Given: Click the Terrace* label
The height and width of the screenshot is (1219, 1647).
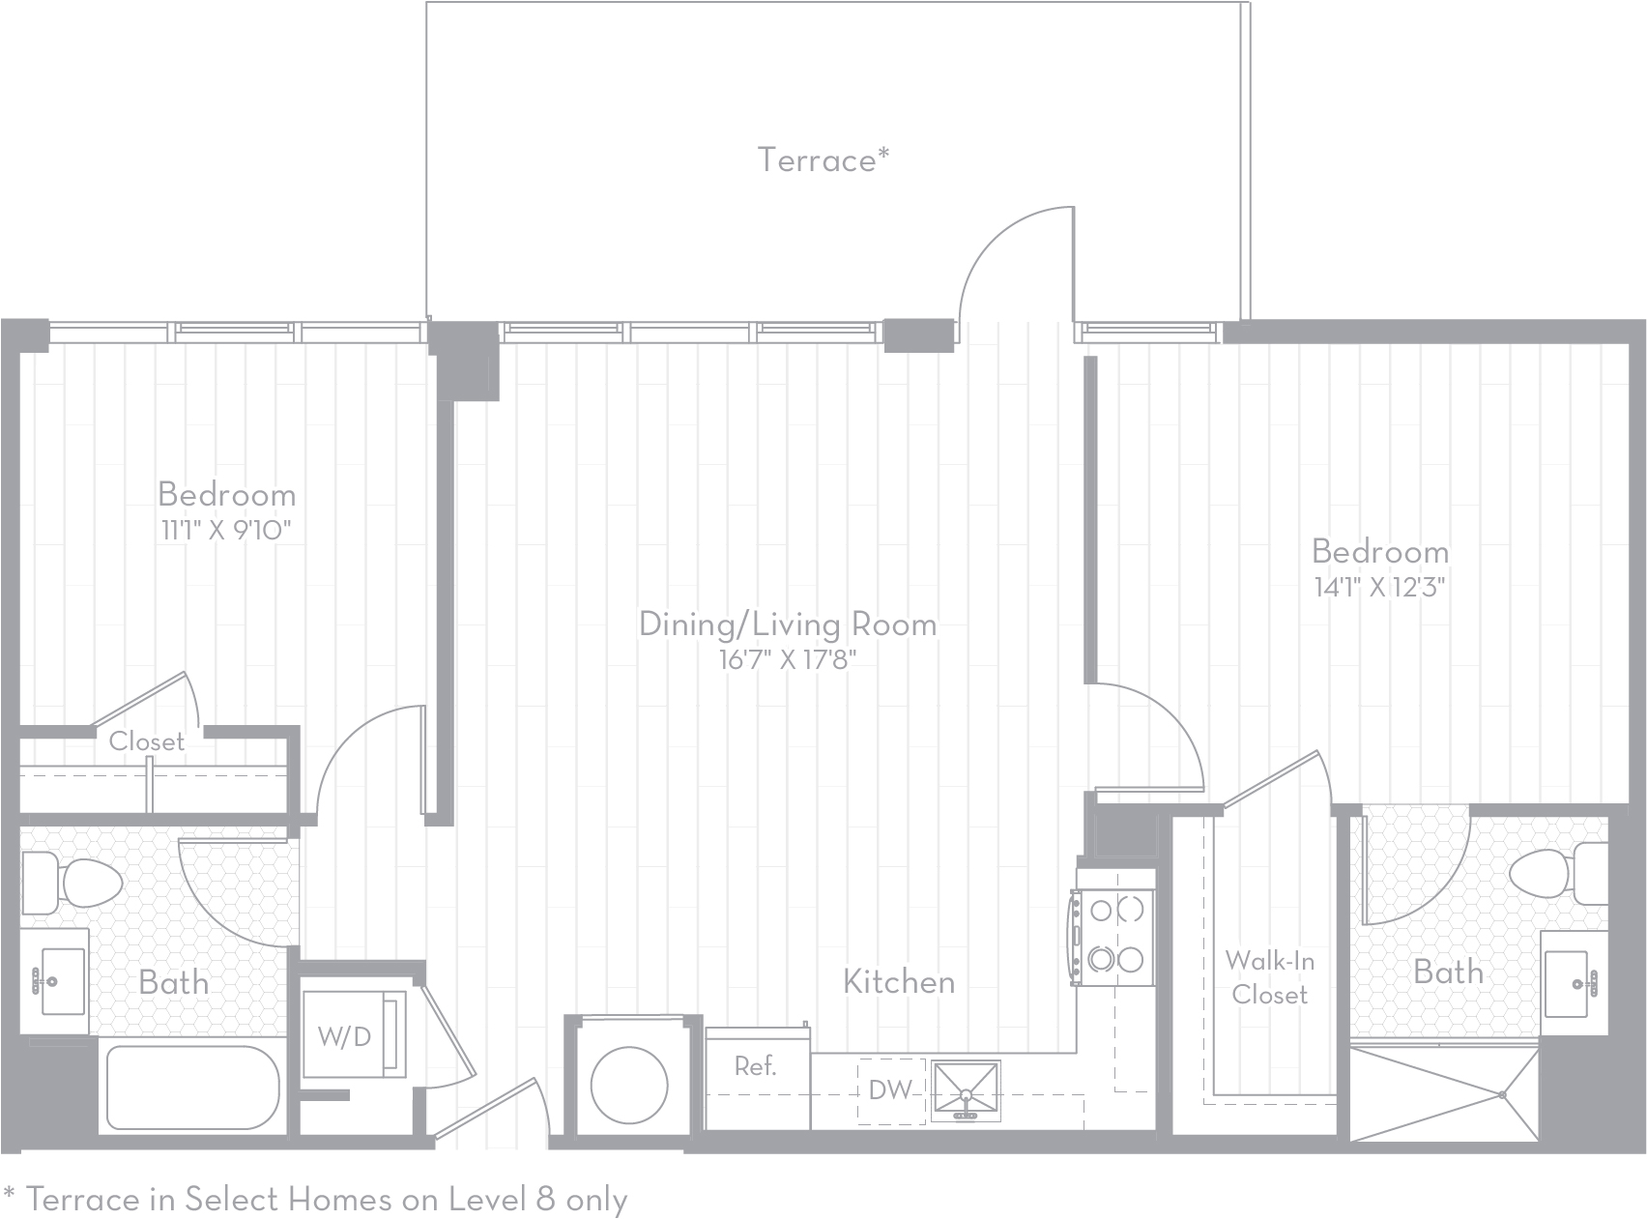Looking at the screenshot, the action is tap(823, 160).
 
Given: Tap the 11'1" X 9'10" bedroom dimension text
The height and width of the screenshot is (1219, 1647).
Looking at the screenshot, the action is tap(226, 531).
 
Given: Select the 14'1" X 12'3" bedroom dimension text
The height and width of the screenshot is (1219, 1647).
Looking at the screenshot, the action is tap(1379, 588).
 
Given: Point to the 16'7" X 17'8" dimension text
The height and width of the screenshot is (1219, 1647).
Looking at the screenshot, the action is tap(789, 660).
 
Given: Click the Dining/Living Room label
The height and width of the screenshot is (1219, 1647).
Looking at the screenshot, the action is tap(788, 624).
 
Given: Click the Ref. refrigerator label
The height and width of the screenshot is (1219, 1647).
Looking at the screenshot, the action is tap(755, 1065).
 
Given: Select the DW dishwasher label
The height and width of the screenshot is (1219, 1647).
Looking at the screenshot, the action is tap(890, 1089).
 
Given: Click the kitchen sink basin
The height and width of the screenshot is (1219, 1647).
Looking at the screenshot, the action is tap(965, 1090).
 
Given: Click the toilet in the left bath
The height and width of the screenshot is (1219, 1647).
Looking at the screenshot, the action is tap(72, 883).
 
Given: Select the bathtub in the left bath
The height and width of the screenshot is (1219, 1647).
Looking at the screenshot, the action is tap(193, 1087).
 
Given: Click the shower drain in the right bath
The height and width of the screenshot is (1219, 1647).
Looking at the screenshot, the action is tap(1503, 1094).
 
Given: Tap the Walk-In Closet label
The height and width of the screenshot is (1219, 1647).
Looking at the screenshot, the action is tap(1269, 977).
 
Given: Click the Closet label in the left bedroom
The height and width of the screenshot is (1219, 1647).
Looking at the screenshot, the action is tap(146, 741).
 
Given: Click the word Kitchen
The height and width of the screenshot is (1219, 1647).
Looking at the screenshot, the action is tap(899, 982).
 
